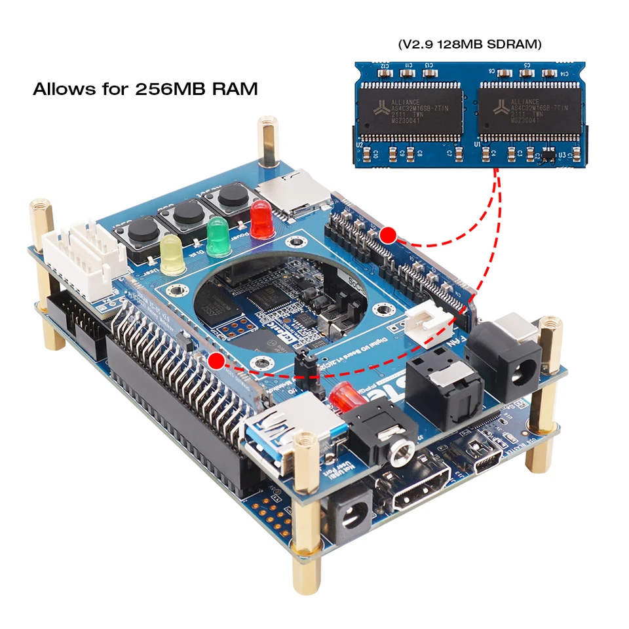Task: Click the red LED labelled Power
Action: pos(261,219)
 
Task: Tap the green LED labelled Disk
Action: pos(218,237)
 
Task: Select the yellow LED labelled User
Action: pos(172,255)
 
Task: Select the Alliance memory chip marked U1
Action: pos(529,112)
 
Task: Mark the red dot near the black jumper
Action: pos(216,359)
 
